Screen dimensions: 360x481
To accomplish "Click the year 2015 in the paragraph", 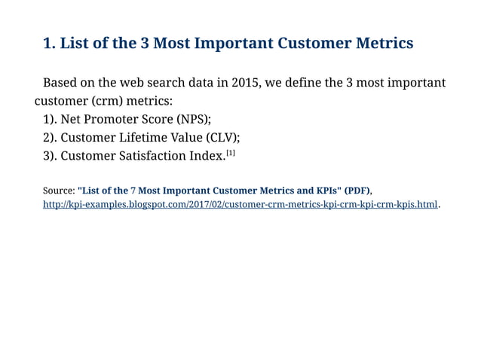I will click(247, 82).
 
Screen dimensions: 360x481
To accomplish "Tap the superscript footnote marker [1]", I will click(231, 153).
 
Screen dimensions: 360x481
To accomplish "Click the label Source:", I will click(59, 190).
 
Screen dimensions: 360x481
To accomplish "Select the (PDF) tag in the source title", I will click(357, 190).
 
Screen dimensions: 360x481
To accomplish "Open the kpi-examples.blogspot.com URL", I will click(240, 205).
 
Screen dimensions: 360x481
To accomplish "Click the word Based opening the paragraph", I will click(62, 82).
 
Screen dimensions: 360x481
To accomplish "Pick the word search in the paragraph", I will click(170, 82).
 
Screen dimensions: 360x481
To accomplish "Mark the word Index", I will click(206, 156).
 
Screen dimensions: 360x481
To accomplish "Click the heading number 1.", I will click(49, 43).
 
